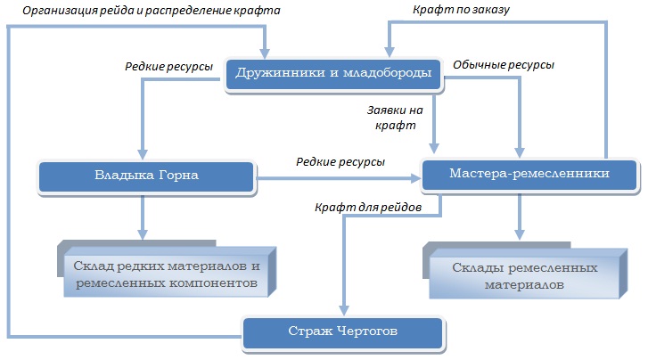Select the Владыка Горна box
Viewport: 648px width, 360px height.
(x=147, y=177)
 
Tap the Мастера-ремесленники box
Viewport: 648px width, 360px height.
(x=529, y=176)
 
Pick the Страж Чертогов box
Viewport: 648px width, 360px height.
(x=343, y=333)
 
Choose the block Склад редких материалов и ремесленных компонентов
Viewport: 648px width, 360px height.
(x=167, y=268)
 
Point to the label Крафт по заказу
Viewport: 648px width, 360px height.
(x=461, y=10)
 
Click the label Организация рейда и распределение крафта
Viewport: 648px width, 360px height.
(x=152, y=11)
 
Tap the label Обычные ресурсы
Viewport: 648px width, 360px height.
(x=504, y=65)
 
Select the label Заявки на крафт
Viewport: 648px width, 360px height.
(x=395, y=118)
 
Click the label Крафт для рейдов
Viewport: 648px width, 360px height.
(x=368, y=207)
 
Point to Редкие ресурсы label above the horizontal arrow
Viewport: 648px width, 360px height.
(x=340, y=161)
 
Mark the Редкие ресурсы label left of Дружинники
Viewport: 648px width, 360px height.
(x=168, y=67)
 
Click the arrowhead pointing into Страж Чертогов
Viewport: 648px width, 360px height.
(x=344, y=311)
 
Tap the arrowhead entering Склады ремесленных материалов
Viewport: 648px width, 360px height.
(x=520, y=234)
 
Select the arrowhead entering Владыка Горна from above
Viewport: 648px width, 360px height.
(x=143, y=154)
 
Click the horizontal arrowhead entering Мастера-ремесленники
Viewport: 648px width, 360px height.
(x=415, y=178)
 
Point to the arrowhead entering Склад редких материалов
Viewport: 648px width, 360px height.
(x=143, y=234)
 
